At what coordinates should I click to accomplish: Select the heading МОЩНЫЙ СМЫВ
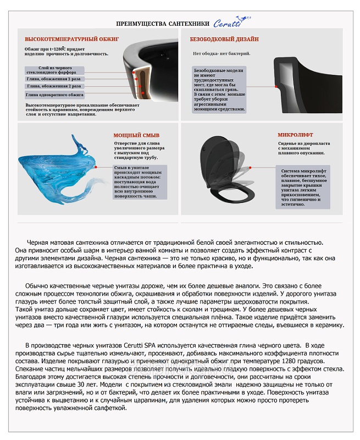131,135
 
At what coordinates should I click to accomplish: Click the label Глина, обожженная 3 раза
53,79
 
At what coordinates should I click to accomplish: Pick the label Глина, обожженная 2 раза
53,86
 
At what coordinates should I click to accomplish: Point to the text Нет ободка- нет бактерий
221,53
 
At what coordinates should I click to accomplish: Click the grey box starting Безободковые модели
219,90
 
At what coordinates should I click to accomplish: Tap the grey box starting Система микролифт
302,186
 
